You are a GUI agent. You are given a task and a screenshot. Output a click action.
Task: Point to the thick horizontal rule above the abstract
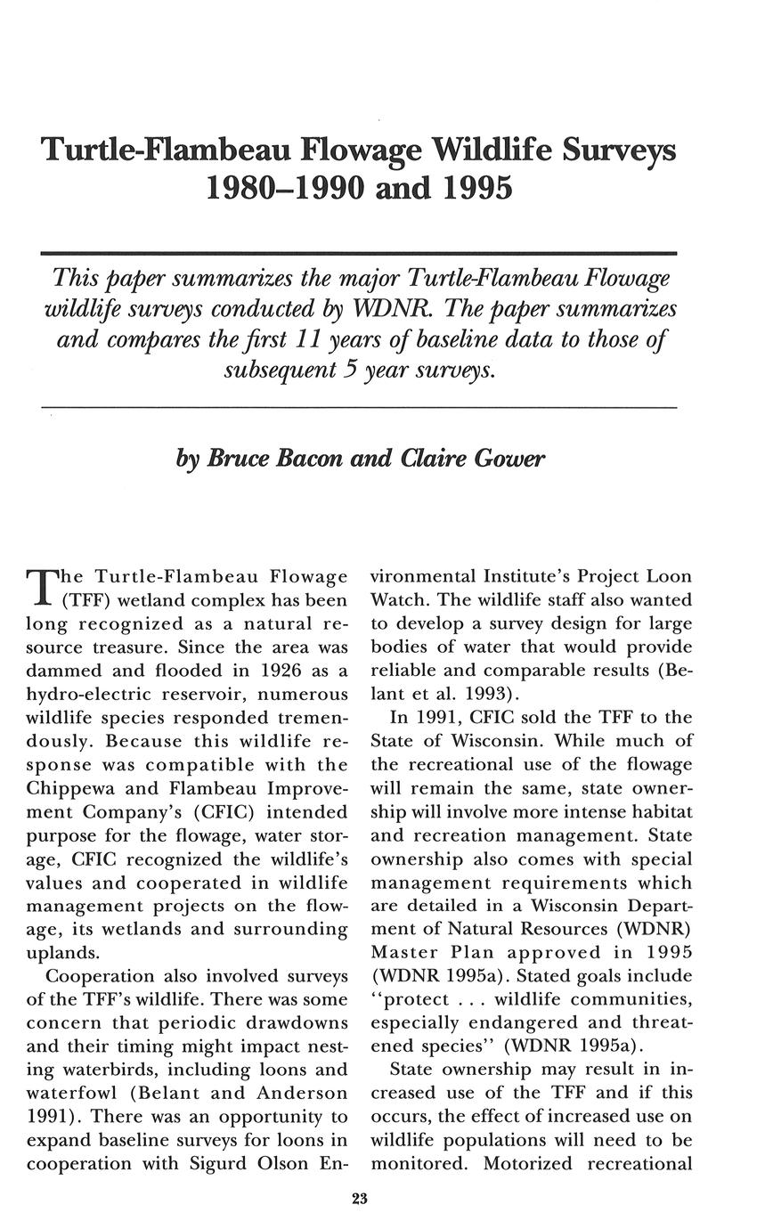(x=360, y=254)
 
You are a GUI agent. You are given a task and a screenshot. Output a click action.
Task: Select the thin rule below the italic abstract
(x=360, y=407)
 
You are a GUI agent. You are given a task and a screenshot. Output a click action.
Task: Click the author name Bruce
(x=241, y=459)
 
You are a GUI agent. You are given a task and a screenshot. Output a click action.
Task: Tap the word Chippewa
(x=70, y=788)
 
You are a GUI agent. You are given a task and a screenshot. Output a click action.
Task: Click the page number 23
(x=360, y=1200)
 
